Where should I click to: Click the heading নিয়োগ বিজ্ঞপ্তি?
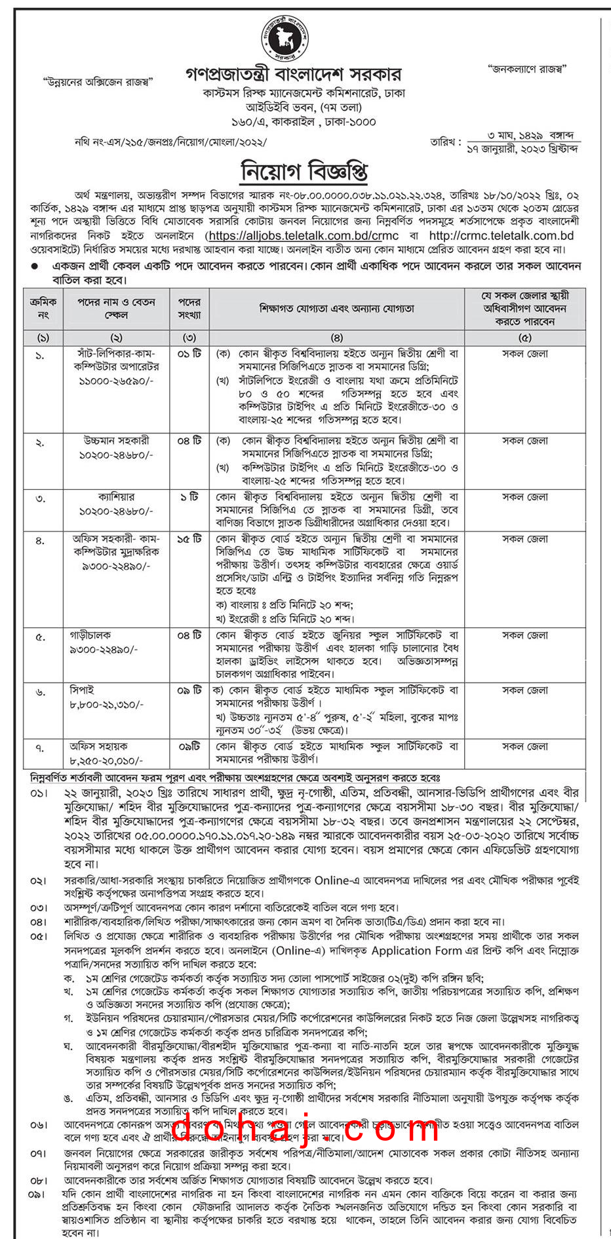point(305,172)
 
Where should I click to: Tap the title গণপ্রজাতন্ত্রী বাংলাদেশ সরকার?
point(293,75)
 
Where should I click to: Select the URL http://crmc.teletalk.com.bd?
point(501,236)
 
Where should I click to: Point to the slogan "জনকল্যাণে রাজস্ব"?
point(527,69)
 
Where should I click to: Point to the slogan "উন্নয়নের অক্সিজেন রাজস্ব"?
point(98,81)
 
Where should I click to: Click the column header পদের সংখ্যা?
point(189,308)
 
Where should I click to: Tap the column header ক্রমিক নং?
point(43,308)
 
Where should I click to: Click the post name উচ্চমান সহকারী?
point(116,441)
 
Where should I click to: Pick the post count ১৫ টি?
point(189,539)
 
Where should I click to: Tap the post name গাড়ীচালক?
point(90,635)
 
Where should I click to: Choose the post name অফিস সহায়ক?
point(99,747)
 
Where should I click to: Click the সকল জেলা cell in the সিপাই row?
point(525,691)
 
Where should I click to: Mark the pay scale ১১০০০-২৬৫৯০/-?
point(116,381)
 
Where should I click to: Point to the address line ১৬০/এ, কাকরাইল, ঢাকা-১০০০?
point(304,122)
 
